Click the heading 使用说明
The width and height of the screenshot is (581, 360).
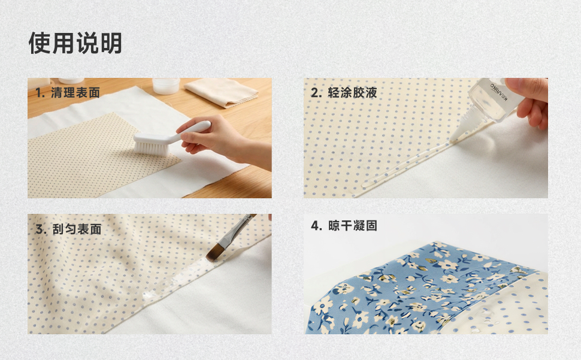point(75,43)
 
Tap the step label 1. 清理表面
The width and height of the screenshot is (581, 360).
point(68,93)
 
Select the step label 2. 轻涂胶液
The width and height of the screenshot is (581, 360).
point(344,93)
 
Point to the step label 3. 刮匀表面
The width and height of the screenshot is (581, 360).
point(68,229)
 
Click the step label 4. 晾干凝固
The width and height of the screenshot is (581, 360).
point(344,226)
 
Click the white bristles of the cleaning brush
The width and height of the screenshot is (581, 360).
point(151,147)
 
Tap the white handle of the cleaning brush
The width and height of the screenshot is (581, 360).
point(185,131)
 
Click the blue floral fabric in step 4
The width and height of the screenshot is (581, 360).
point(419,289)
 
